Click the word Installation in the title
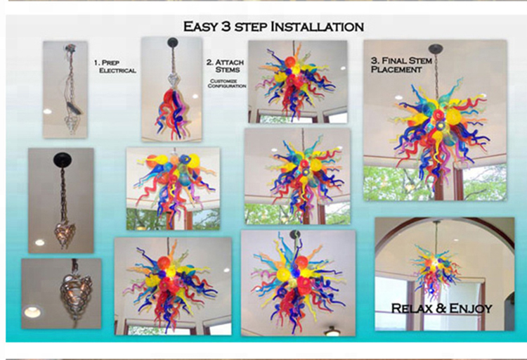click(x=318, y=26)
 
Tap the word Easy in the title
click(x=200, y=26)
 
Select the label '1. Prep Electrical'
click(x=115, y=67)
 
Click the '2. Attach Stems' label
click(x=225, y=66)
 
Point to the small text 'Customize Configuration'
click(x=227, y=84)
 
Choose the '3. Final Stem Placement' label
click(x=401, y=65)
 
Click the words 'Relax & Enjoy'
click(x=442, y=308)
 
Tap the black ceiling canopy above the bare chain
click(x=63, y=159)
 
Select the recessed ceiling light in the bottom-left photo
click(x=32, y=312)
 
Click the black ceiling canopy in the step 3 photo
click(x=436, y=49)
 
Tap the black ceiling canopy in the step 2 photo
click(x=173, y=42)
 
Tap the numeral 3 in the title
click(x=226, y=26)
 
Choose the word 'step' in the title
click(x=251, y=27)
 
